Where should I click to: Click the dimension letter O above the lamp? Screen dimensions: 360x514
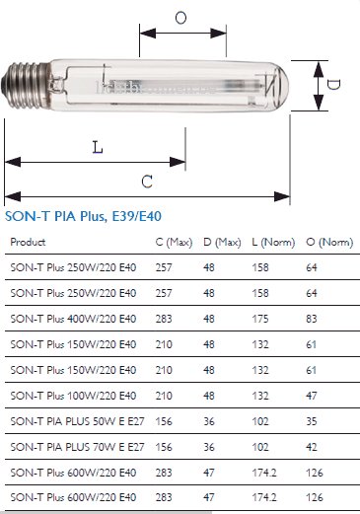click(x=180, y=18)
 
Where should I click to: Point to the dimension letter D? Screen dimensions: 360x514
click(x=333, y=85)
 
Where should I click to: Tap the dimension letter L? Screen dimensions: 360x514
click(x=98, y=147)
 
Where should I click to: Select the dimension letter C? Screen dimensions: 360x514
click(x=147, y=182)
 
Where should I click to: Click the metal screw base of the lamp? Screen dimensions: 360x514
click(x=27, y=86)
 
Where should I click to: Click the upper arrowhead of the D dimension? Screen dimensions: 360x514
click(x=319, y=69)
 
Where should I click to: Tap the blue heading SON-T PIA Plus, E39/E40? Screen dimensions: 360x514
click(x=83, y=216)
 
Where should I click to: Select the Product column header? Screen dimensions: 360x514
click(x=28, y=242)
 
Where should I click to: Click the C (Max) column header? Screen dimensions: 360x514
click(x=174, y=243)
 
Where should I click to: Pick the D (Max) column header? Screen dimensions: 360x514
click(x=222, y=243)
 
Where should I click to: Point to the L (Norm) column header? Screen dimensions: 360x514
click(x=273, y=243)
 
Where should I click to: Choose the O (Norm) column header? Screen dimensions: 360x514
click(x=329, y=243)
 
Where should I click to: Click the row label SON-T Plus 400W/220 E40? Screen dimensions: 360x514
click(x=73, y=319)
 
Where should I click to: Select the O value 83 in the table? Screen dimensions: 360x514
click(x=312, y=319)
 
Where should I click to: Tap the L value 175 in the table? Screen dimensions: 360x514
click(x=260, y=319)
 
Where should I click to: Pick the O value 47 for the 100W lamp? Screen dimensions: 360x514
click(x=312, y=396)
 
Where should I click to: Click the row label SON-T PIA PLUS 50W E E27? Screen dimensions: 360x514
click(x=77, y=421)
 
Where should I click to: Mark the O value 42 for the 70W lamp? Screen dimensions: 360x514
click(x=312, y=447)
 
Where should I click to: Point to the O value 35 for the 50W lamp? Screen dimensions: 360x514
click(x=312, y=421)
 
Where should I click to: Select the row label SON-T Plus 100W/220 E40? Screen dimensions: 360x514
click(x=73, y=396)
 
